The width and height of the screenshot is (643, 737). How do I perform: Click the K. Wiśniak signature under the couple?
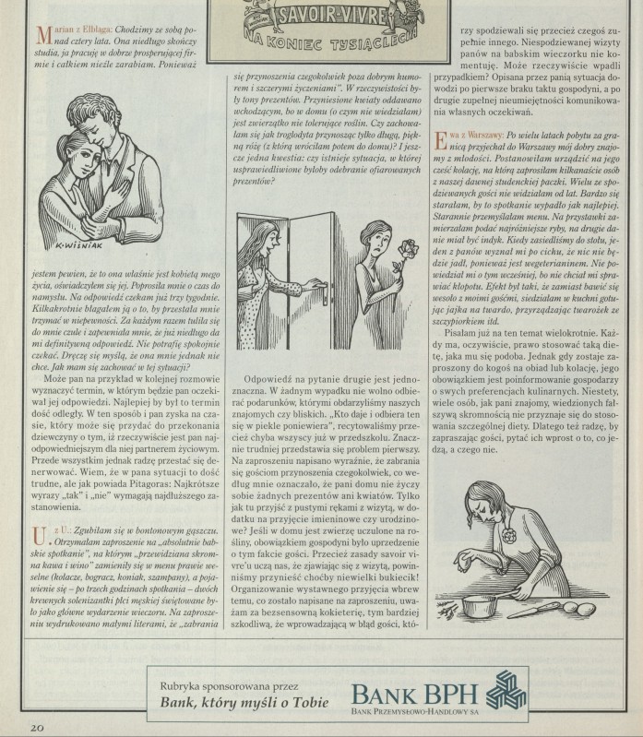tap(78, 245)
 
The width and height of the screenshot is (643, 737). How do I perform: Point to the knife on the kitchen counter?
tap(533, 610)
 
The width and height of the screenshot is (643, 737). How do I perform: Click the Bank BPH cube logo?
tap(506, 690)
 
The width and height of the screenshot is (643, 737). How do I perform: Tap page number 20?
tap(37, 728)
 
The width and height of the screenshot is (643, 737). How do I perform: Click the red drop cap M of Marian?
tap(43, 35)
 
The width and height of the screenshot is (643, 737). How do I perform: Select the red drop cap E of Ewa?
tap(440, 141)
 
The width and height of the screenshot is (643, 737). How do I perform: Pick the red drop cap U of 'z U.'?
tap(40, 536)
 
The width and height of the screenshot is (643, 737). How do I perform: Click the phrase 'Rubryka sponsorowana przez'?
tap(229, 686)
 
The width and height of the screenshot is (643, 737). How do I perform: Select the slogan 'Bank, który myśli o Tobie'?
tap(244, 702)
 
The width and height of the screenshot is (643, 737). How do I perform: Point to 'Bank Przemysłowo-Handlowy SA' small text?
tap(414, 711)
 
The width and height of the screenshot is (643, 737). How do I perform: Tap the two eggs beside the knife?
tap(580, 609)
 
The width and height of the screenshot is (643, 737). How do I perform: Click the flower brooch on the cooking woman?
tap(508, 535)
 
